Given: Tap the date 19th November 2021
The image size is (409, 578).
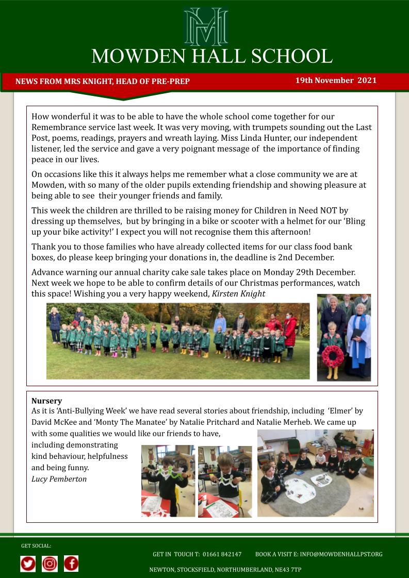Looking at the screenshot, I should (336, 80).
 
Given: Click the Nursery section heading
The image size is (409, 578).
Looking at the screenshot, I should (46, 401).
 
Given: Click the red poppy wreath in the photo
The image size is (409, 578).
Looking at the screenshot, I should (332, 356).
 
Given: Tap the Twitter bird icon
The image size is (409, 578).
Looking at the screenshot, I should (28, 564).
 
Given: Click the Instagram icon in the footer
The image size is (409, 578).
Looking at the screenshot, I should (50, 564).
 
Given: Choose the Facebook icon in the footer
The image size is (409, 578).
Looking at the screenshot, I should (71, 564).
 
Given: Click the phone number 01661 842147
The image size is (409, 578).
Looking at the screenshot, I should (222, 554).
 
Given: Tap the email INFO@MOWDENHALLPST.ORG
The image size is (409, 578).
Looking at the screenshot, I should (341, 554).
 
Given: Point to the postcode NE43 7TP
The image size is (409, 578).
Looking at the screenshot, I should (286, 570).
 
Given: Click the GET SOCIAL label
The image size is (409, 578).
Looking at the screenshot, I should (36, 546).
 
